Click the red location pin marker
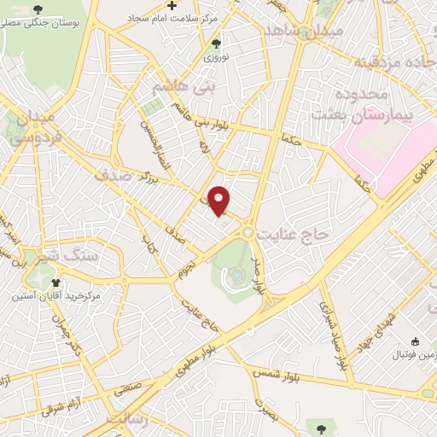(219, 201)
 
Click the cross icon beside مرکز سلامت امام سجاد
(172, 6)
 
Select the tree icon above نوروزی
(215, 43)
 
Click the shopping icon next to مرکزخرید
(56, 283)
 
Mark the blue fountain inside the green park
(236, 275)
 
